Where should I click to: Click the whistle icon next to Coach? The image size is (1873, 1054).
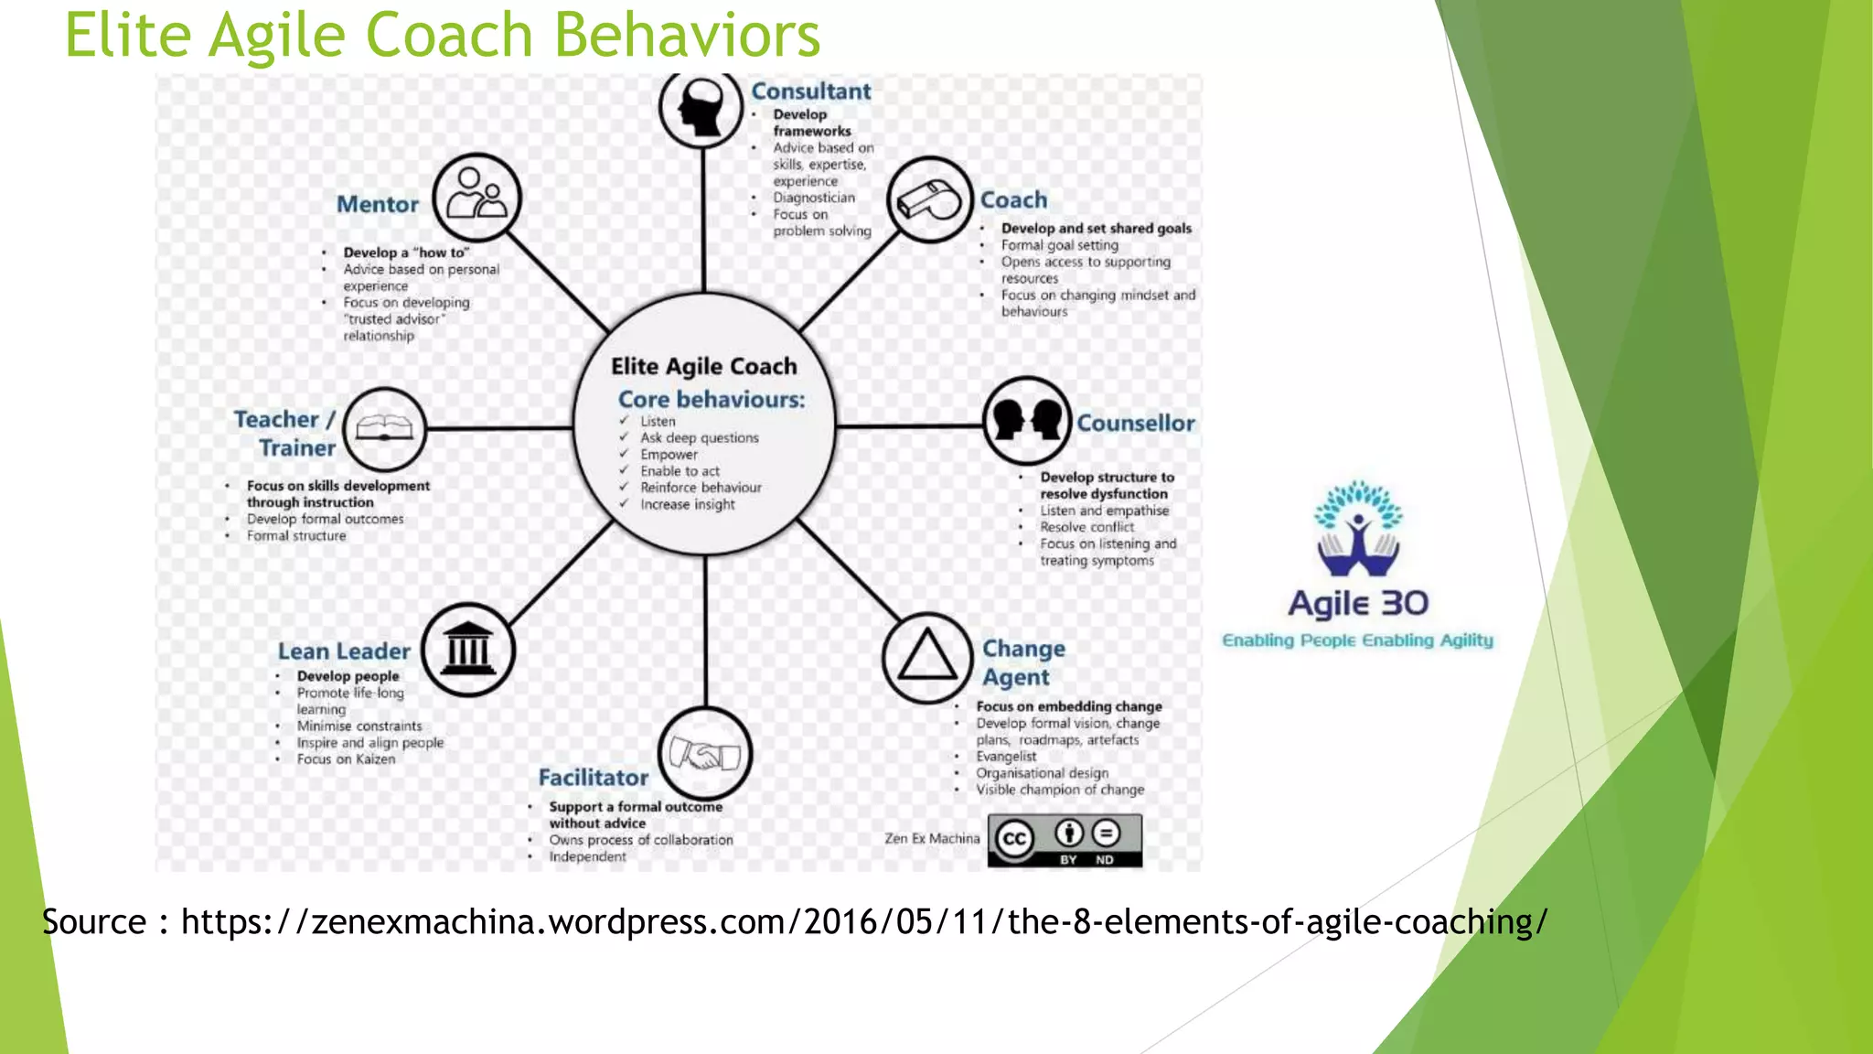(929, 199)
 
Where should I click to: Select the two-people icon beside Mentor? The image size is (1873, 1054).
(476, 197)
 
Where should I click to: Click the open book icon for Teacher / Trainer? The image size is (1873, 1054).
(385, 428)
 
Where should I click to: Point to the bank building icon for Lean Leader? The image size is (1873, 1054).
(468, 650)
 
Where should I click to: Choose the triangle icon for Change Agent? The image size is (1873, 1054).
(926, 658)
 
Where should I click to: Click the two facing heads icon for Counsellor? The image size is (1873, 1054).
(1026, 420)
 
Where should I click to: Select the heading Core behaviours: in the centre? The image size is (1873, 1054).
(711, 400)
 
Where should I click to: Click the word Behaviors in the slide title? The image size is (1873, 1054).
(687, 36)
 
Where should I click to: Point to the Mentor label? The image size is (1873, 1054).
(377, 204)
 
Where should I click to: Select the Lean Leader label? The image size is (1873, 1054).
(344, 651)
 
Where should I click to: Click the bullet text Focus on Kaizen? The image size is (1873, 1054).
(346, 759)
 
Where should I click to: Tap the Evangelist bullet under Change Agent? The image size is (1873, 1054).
(1006, 757)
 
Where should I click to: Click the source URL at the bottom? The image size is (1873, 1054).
(863, 922)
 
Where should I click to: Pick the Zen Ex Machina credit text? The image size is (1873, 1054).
(931, 838)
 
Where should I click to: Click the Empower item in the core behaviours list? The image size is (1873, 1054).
(669, 455)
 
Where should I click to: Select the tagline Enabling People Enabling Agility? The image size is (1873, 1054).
(1357, 640)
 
